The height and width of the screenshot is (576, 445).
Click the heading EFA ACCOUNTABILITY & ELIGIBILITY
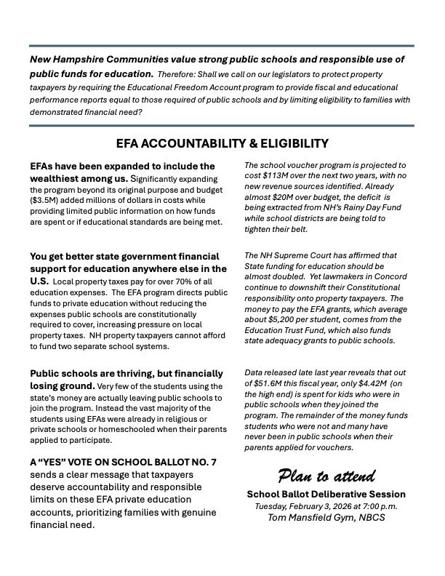click(x=222, y=143)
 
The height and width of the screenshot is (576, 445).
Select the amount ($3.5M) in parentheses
click(x=47, y=199)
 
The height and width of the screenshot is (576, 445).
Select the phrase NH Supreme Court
click(x=298, y=255)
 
